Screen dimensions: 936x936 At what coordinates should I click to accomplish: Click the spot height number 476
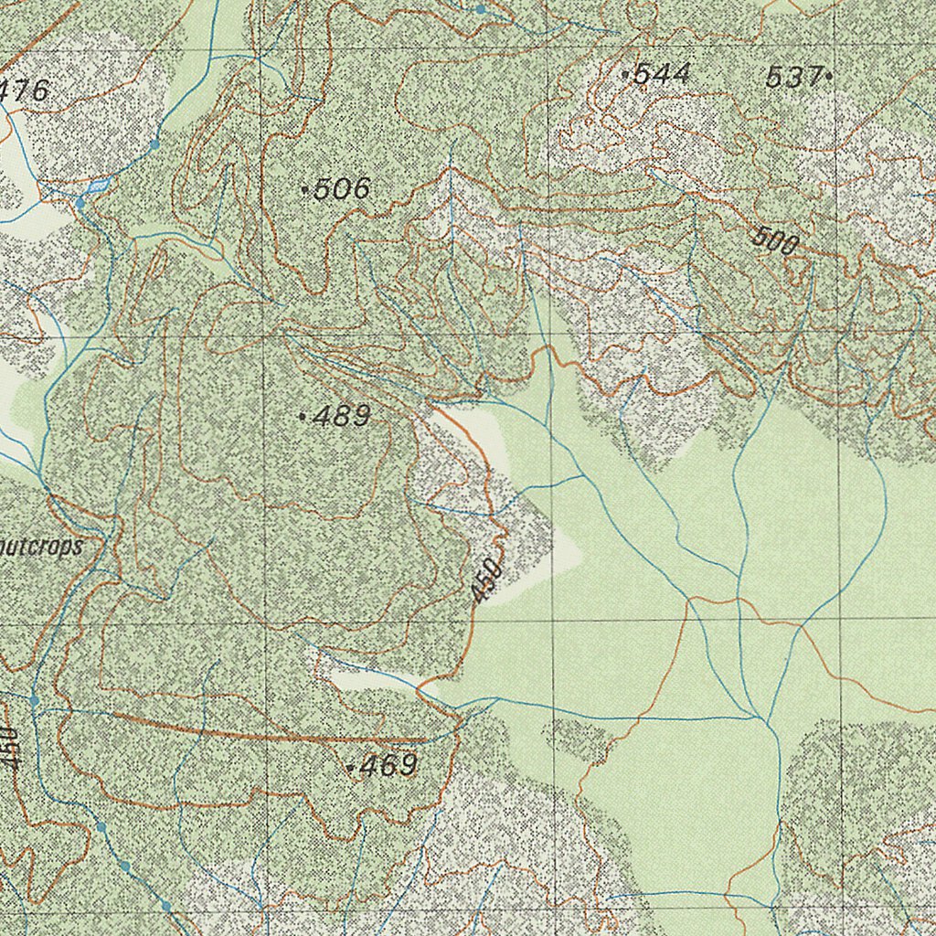click(x=25, y=91)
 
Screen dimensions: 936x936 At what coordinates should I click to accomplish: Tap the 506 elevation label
click(x=341, y=189)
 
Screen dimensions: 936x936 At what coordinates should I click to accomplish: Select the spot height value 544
click(x=661, y=74)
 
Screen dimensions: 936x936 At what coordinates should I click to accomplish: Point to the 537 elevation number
click(x=793, y=78)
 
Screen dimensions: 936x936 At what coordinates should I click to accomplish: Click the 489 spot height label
click(x=341, y=417)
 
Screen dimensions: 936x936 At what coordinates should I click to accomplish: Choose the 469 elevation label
click(x=388, y=766)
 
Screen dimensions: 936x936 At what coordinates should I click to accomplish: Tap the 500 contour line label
click(x=775, y=241)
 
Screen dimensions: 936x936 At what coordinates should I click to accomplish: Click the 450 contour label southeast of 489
click(x=487, y=580)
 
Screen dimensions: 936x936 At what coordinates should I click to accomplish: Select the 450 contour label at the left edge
click(x=8, y=748)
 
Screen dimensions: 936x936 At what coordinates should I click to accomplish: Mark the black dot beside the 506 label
click(x=304, y=190)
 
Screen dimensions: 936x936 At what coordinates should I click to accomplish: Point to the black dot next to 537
click(x=828, y=77)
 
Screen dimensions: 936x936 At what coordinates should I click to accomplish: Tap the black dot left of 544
click(x=624, y=74)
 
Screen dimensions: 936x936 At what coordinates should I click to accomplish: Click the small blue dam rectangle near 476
click(x=99, y=184)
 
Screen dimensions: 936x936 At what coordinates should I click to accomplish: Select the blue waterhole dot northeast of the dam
click(x=154, y=144)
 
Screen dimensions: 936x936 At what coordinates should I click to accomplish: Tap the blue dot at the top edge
click(x=481, y=9)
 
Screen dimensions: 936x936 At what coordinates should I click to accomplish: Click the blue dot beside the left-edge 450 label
click(x=34, y=700)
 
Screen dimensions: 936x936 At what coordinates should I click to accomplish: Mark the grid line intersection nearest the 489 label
click(x=264, y=335)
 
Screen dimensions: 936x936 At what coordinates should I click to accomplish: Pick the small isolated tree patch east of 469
click(x=580, y=737)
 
